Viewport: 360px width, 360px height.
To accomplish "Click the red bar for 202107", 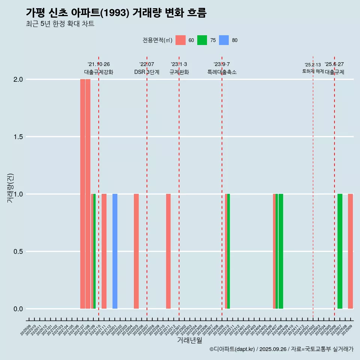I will point(82,194).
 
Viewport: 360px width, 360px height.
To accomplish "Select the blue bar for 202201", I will point(115,251).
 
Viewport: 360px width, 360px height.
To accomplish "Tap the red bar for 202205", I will point(136,251).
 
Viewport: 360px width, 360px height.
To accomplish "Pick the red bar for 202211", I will point(168,251).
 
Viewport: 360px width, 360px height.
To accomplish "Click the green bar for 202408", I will point(281,251).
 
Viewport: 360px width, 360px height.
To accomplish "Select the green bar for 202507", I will point(340,251).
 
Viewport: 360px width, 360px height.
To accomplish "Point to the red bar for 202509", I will point(350,251).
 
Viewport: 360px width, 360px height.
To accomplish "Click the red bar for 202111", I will point(104,251).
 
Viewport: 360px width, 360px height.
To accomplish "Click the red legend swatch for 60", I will point(180,40).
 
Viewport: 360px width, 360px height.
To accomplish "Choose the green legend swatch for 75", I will point(202,40).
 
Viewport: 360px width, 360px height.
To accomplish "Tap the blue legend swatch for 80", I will point(224,40).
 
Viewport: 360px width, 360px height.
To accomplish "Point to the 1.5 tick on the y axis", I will point(18,137).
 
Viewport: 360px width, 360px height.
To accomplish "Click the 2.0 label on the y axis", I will point(18,79).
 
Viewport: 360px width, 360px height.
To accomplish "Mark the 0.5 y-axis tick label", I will point(18,252).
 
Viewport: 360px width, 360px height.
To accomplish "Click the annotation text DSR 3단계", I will point(147,72).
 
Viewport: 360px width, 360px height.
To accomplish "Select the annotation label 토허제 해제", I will point(313,71).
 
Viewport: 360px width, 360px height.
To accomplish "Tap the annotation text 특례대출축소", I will point(222,72).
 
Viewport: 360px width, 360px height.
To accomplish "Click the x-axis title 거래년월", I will point(189,340).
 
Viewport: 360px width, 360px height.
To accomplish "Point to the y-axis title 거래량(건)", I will point(10,188).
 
